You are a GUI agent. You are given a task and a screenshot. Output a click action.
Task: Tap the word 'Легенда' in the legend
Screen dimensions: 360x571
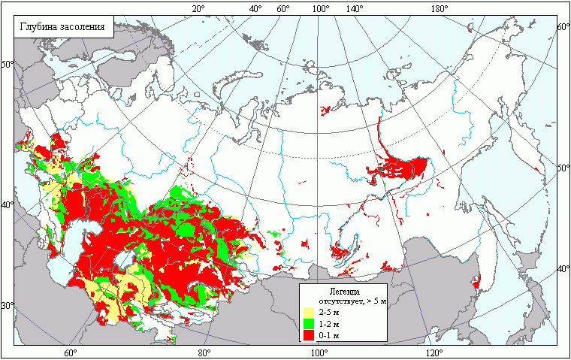tap(344, 290)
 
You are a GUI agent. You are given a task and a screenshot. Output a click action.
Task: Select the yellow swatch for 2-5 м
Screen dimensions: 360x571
tap(307, 312)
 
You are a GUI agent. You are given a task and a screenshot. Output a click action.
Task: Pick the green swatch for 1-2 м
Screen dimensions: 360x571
tap(307, 323)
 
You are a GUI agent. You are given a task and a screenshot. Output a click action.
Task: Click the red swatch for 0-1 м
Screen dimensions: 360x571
tap(307, 334)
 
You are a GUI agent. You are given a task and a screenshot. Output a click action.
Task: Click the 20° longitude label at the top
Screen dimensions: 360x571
tap(198, 8)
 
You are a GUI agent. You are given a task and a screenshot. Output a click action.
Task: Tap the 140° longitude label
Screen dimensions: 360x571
tap(354, 8)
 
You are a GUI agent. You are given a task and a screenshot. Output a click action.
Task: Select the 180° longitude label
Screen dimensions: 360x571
tap(440, 8)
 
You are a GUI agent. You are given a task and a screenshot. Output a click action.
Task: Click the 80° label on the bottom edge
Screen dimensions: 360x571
tap(203, 353)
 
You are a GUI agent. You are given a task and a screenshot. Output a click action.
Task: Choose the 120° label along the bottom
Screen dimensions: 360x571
tap(434, 353)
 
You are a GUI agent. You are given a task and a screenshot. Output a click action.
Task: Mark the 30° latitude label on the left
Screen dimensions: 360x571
tap(7, 306)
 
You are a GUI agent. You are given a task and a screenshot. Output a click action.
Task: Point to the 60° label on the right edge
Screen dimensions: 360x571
tap(563, 26)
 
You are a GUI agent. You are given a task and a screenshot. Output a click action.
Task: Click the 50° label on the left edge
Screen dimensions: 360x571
tap(7, 64)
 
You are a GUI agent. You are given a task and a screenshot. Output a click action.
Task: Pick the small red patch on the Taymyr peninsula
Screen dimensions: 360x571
tap(325, 110)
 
